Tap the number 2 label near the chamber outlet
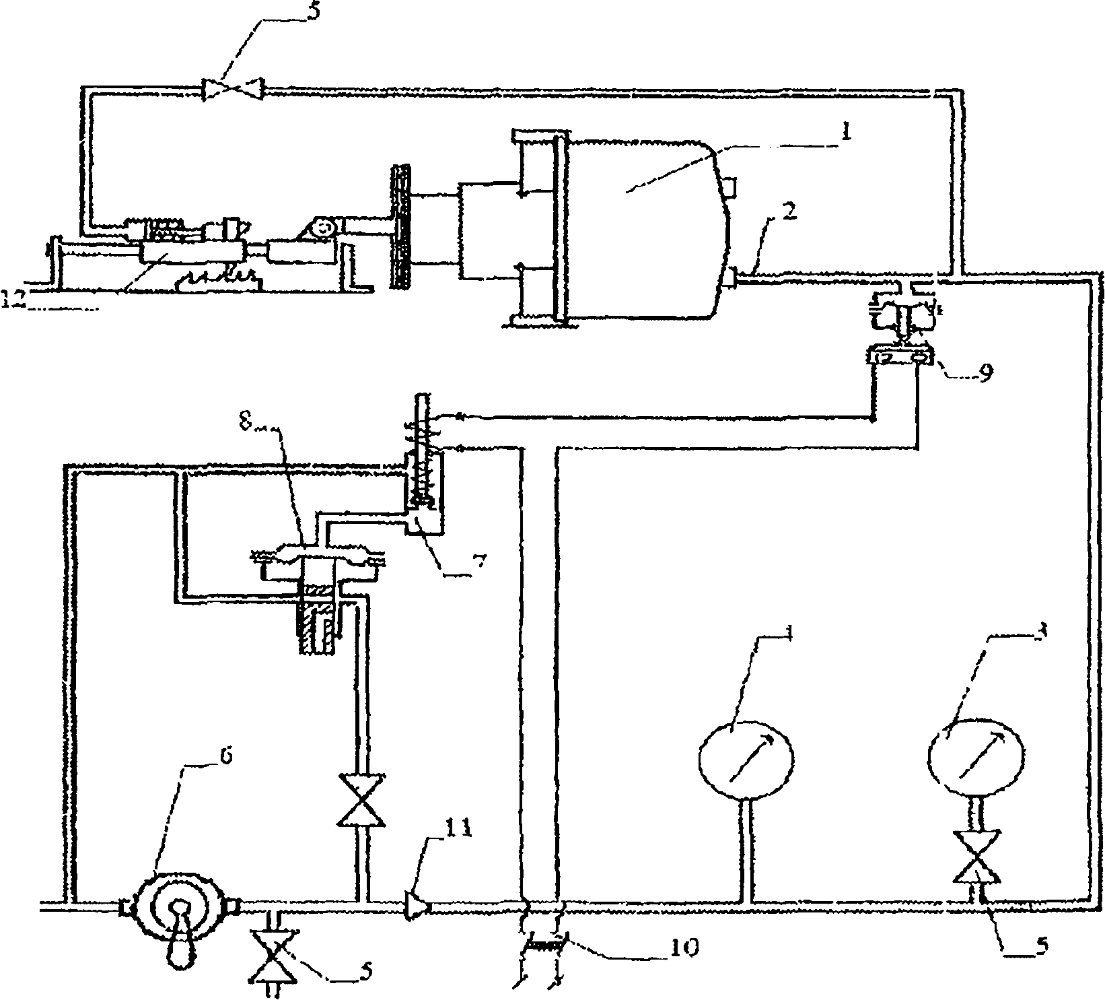coord(789,213)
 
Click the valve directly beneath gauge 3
coord(976,857)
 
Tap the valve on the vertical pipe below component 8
coord(362,800)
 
